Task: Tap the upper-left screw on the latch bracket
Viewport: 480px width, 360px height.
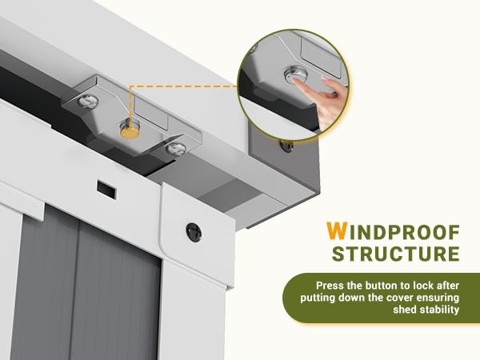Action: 88,101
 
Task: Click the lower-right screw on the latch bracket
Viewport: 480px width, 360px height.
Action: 176,149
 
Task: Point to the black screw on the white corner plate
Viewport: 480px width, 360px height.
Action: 194,232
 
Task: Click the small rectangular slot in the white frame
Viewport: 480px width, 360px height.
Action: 106,189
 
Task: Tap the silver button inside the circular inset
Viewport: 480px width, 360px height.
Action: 295,75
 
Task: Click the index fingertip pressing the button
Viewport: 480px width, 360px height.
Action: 295,82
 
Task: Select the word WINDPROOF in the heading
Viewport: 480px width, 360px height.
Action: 393,231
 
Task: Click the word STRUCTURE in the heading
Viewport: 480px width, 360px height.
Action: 396,254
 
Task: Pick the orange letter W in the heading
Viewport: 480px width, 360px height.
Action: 336,231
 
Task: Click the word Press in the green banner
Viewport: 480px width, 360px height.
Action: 330,286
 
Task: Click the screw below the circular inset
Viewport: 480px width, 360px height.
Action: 286,146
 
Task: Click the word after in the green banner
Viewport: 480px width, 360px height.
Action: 448,286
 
